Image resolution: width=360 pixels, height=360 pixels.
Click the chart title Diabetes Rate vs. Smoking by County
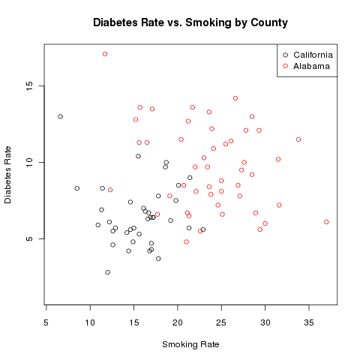point(190,22)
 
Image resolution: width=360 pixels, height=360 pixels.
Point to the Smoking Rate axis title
point(190,344)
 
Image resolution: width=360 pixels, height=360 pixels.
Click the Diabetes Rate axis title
point(7,175)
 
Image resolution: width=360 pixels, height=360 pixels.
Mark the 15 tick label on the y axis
point(29,86)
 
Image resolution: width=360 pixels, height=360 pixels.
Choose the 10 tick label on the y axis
point(29,163)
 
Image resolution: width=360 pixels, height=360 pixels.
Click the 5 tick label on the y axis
point(29,238)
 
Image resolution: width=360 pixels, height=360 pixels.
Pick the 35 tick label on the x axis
point(309,322)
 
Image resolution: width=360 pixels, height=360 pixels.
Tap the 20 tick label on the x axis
point(178,322)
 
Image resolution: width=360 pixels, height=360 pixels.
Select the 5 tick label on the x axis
point(46,322)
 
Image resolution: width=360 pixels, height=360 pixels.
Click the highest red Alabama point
point(105,54)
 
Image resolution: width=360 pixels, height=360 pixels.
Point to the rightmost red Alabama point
point(326,222)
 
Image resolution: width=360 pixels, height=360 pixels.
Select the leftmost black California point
point(60,116)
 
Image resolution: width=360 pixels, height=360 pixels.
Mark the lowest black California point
point(107,272)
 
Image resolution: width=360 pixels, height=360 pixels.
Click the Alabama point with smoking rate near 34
point(298,139)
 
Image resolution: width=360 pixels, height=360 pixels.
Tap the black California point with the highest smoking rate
point(203,229)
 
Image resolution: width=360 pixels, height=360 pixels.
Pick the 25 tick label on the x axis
point(221,322)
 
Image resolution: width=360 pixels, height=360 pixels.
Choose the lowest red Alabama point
point(186,241)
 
